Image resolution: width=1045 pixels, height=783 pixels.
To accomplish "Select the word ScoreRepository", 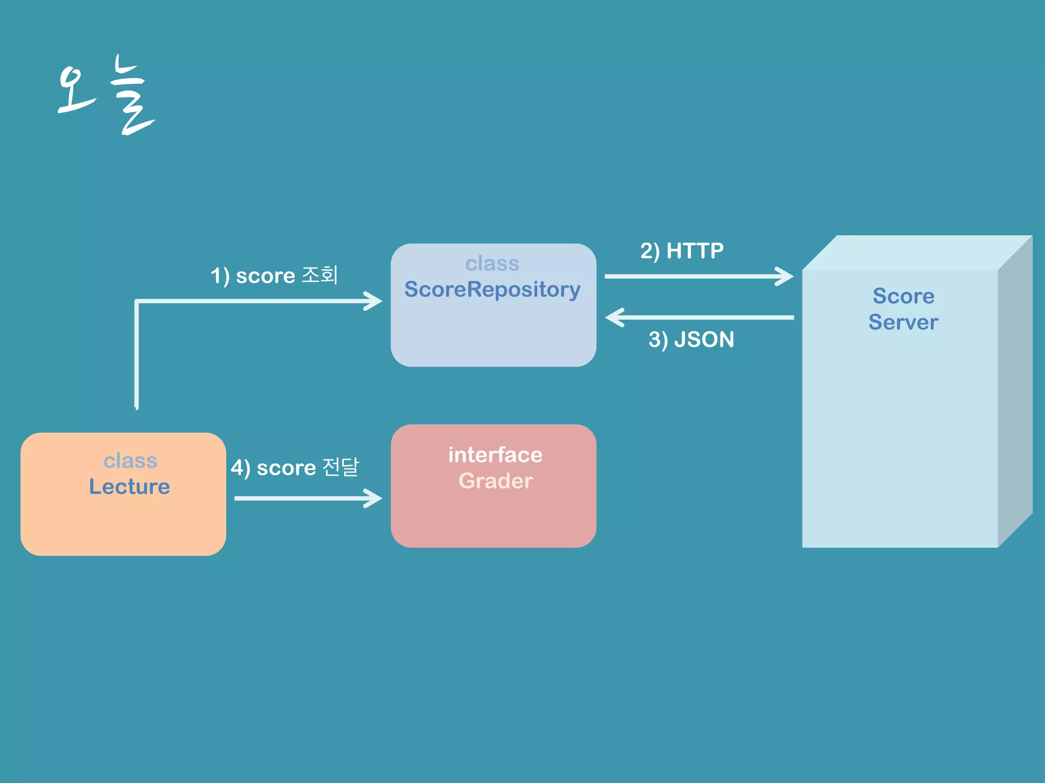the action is point(492,290).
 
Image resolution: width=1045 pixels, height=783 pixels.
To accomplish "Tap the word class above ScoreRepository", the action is point(492,264).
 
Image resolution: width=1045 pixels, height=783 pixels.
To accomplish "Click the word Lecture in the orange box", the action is point(129,487).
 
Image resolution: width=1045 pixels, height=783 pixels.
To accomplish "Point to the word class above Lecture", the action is point(130,461).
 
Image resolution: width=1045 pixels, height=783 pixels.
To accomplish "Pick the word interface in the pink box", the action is point(495,455).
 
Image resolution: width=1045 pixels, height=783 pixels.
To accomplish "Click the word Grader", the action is point(495,481).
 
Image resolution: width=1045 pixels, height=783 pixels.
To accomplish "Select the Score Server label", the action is point(903,309).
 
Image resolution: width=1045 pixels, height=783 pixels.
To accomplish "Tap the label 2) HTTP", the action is point(682,251).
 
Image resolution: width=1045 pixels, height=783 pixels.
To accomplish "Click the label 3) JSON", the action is point(691,340).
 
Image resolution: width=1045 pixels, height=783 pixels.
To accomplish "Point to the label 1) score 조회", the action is point(274,276).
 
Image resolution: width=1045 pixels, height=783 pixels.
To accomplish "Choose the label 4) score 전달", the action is point(295,467).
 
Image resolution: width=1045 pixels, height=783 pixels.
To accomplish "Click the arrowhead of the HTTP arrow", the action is point(785,276).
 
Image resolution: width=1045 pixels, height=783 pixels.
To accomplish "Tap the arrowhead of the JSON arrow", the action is point(614,317).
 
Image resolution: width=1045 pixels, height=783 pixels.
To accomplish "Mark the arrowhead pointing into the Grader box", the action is point(374,498).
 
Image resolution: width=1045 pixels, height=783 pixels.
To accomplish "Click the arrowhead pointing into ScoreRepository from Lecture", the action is point(374,301).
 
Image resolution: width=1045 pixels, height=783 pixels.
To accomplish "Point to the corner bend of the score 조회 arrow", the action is point(137,302).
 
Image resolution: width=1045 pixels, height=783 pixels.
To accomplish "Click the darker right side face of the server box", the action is point(1015,393).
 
